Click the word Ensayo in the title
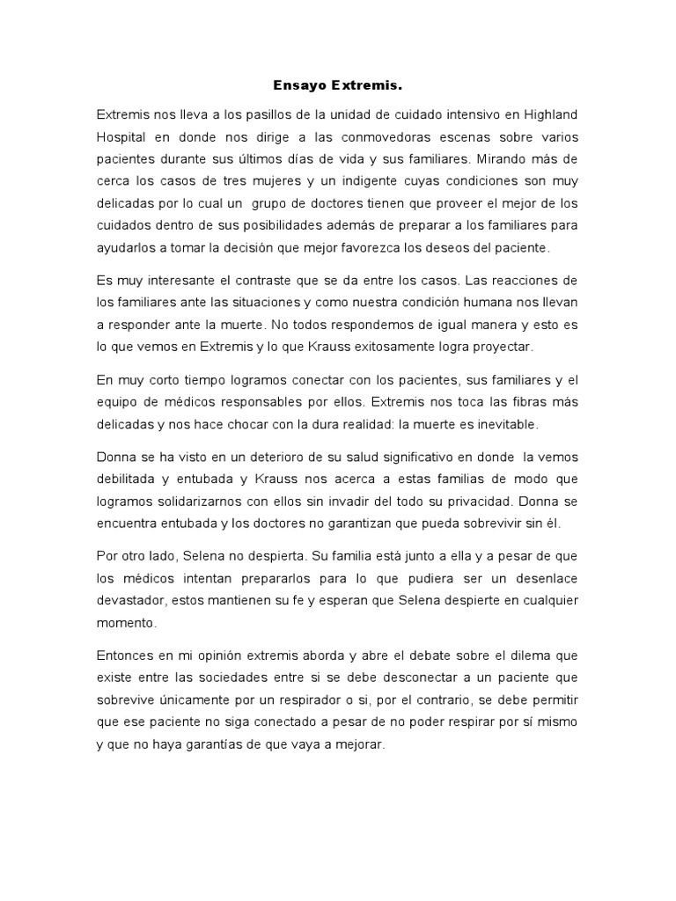coord(298,86)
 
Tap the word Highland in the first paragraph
coord(551,114)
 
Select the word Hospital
coord(124,137)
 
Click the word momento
coord(127,623)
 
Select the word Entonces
coord(125,656)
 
